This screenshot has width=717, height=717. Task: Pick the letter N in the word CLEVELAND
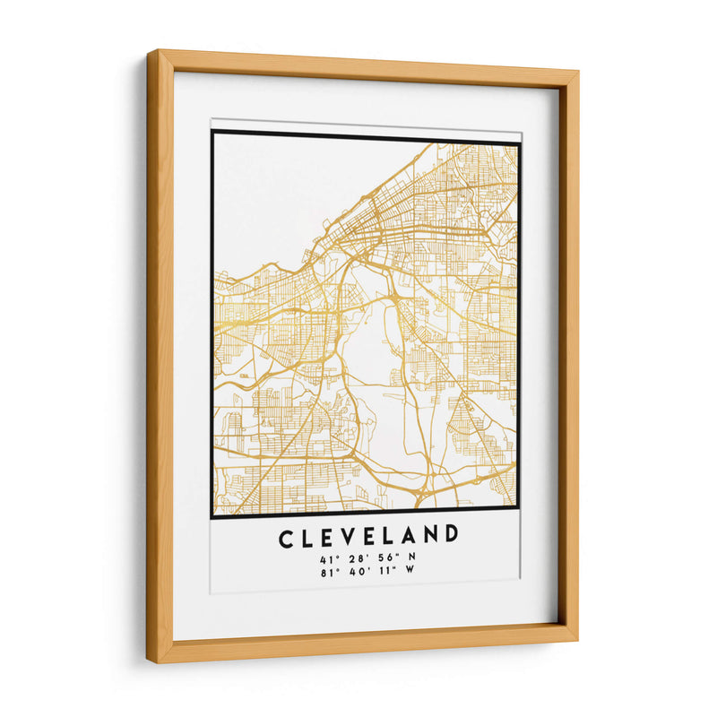[429, 538]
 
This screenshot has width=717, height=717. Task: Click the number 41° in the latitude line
[326, 558]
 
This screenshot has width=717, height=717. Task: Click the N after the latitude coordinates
[411, 558]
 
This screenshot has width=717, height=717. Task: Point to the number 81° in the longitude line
[325, 573]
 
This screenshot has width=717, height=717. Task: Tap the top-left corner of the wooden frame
[151, 54]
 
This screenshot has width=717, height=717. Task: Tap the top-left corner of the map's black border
[212, 132]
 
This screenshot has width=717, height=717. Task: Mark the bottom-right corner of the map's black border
[520, 518]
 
